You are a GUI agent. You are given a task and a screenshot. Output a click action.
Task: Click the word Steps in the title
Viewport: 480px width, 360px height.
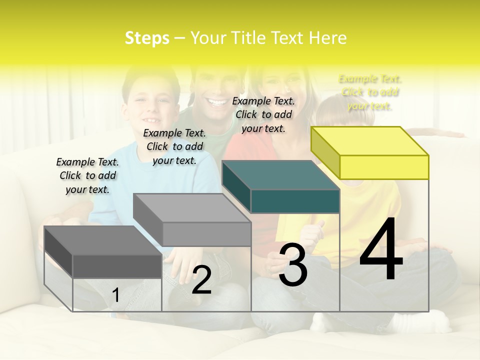(x=147, y=38)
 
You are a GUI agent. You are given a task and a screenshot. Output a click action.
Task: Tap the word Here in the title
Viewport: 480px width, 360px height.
(x=327, y=38)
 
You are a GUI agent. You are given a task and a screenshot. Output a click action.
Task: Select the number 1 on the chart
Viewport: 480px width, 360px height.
(x=116, y=295)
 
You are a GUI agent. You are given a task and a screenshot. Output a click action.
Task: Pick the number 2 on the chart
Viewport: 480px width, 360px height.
(x=201, y=280)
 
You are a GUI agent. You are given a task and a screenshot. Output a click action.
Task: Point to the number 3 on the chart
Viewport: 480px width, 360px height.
(x=292, y=265)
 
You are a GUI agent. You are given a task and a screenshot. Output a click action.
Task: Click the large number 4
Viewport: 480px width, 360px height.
(x=381, y=250)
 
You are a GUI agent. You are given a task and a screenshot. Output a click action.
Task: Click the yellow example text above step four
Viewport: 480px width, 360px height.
(x=370, y=92)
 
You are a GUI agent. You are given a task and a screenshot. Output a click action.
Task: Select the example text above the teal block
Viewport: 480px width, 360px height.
(x=263, y=114)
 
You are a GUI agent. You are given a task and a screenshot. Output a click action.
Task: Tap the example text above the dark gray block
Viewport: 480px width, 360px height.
(x=87, y=175)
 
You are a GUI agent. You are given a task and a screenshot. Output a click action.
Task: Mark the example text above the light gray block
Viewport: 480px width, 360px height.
(x=174, y=146)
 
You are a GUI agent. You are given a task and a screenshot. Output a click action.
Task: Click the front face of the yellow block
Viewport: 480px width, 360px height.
(x=384, y=167)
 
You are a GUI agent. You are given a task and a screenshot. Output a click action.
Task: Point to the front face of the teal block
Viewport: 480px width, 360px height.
(x=295, y=201)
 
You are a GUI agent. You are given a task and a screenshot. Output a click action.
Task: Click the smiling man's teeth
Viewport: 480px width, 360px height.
(x=217, y=102)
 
